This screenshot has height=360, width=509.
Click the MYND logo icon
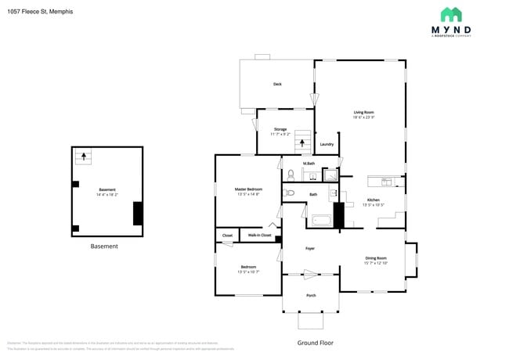450,14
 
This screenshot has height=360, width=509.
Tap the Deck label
277,84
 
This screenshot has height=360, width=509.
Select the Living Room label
363,112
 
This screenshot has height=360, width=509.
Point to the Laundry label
327,144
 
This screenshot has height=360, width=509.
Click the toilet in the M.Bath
289,175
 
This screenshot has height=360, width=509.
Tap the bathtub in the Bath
320,221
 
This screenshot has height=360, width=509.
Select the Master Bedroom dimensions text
248,193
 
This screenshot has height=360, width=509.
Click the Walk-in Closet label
260,235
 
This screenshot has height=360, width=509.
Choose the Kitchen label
374,200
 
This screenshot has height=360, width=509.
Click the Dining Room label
376,258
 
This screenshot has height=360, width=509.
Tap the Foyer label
310,249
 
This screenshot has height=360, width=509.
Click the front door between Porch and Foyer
311,275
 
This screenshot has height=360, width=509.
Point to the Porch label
311,295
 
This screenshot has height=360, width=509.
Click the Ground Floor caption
316,343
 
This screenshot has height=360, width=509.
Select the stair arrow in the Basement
81,157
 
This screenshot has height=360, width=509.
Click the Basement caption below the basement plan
104,246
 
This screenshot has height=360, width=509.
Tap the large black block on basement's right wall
138,213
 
